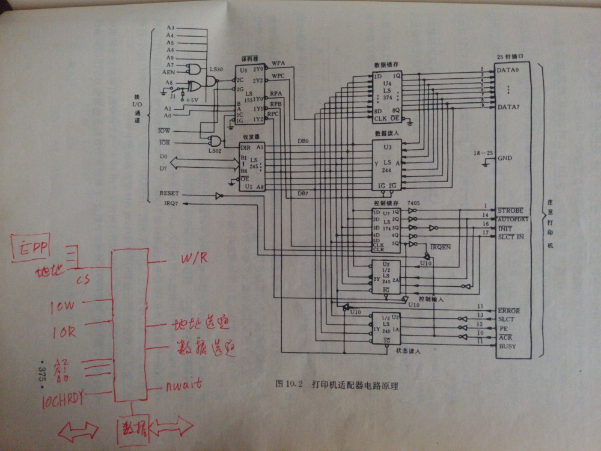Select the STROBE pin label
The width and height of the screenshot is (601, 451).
coord(510,210)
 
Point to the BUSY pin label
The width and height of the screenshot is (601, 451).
coord(507,346)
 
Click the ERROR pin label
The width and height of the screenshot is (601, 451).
coord(508,310)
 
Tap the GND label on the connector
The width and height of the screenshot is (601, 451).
coord(505,158)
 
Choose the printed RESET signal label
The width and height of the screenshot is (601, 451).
coord(170,194)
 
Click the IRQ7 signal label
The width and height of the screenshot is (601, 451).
coord(168,204)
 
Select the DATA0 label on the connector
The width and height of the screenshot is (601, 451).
coord(509,70)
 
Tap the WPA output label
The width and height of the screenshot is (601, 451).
coord(278,63)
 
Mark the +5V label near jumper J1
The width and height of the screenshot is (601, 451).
coord(193,99)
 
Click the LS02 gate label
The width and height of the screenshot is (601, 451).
coord(215,150)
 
